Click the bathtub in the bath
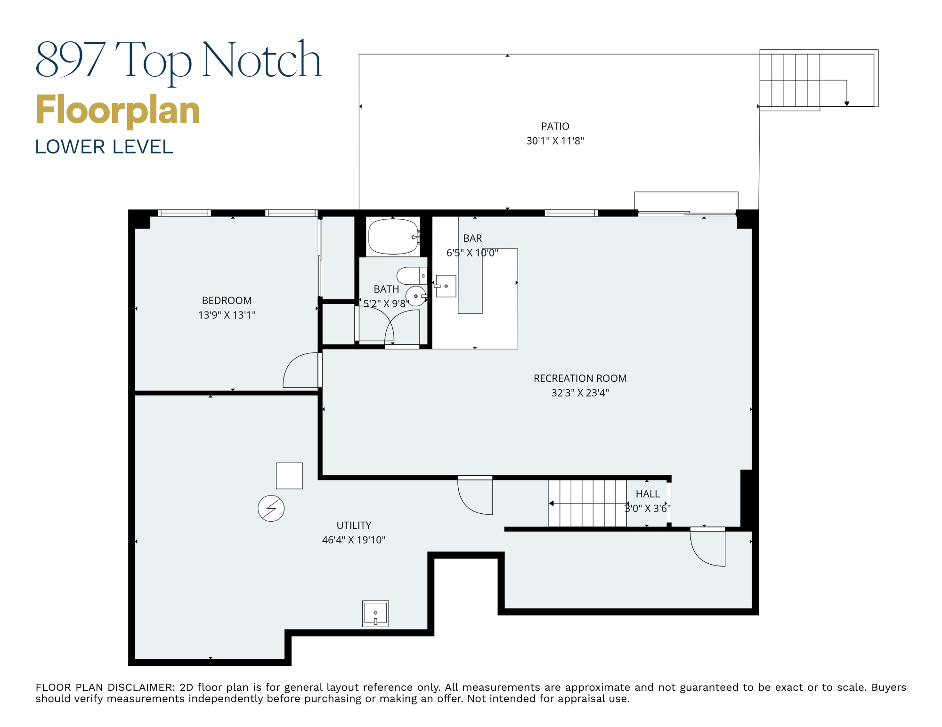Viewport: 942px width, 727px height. pos(393,237)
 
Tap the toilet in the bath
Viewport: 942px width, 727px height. pos(411,276)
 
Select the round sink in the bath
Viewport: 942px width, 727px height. pos(416,296)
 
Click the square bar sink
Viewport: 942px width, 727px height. pos(446,286)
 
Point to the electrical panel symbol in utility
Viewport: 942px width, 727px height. pos(271,508)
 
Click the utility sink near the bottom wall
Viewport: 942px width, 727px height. pos(375,614)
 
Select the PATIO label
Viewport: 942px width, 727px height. pos(555,126)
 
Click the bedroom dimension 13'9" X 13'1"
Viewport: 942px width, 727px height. pos(227,315)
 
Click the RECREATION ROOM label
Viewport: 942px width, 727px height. pos(580,378)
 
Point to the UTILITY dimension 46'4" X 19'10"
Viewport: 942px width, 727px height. pos(353,540)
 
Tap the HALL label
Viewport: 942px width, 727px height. pos(648,494)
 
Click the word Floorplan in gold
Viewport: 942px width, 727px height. pos(118,110)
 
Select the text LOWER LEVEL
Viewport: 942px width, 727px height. pos(104,147)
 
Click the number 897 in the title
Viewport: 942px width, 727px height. pos(71,60)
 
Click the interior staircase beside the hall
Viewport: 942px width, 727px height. pos(587,503)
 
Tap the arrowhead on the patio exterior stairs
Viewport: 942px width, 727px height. pos(846,104)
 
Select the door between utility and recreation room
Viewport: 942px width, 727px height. pos(475,495)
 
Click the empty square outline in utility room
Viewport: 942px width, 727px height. pos(289,476)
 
